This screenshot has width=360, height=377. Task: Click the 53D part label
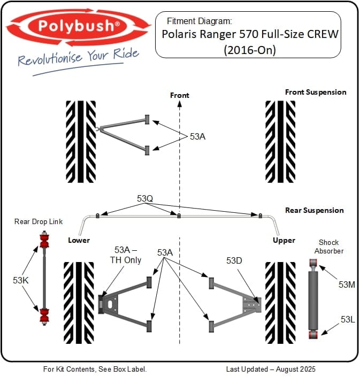(234, 261)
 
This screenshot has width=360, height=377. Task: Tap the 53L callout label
(348, 319)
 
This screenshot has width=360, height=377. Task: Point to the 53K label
(20, 279)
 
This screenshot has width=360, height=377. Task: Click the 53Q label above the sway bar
(145, 199)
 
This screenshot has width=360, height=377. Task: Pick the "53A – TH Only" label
(128, 255)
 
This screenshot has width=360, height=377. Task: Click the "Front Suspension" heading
(316, 92)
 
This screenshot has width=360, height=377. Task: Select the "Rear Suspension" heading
(315, 210)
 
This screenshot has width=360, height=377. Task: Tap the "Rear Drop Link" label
(38, 222)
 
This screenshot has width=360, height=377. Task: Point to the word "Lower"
(79, 240)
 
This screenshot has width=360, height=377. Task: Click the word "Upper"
(284, 240)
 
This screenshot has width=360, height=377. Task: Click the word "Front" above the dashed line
(180, 95)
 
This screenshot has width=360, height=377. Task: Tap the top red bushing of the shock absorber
(314, 263)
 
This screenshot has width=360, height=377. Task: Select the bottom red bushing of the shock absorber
(314, 334)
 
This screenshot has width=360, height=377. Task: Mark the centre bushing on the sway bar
(179, 216)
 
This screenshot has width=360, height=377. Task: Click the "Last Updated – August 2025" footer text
(271, 369)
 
